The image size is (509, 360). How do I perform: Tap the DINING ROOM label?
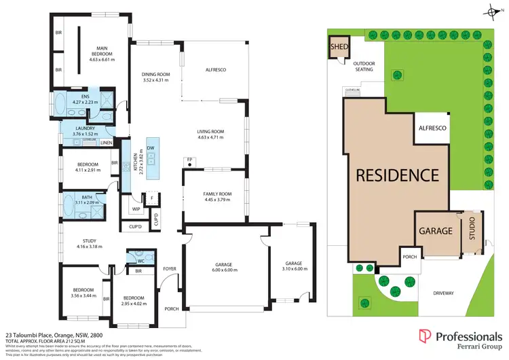pyautogui.click(x=155, y=74)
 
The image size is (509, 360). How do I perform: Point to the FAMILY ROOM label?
pyautogui.click(x=217, y=194)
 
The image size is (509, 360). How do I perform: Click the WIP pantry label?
pyautogui.click(x=135, y=209)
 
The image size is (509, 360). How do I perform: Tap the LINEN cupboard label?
pyautogui.click(x=107, y=143)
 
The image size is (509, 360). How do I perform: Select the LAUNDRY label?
pyautogui.click(x=85, y=128)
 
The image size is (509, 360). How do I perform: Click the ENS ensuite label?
pyautogui.click(x=86, y=96)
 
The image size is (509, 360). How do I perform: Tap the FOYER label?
pyautogui.click(x=170, y=269)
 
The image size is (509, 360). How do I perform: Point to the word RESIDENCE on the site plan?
pyautogui.click(x=398, y=175)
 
